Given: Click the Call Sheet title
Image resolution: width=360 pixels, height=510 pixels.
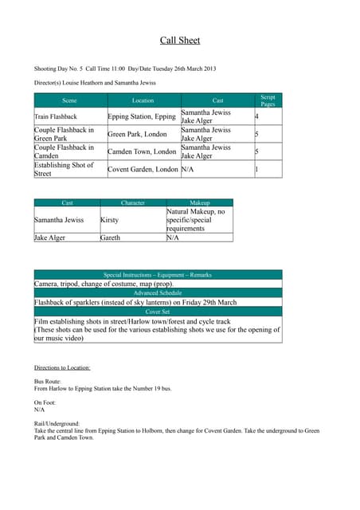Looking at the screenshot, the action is coord(179,40).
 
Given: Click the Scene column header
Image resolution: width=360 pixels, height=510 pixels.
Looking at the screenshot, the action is coord(70,101).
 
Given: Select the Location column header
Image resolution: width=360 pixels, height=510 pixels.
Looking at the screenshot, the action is coord(143,101).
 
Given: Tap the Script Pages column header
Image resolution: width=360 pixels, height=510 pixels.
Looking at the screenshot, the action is coord(268,100).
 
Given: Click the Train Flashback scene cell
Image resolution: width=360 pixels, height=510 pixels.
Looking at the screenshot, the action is coord(56,116).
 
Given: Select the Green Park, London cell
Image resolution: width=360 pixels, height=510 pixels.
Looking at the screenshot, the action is coord(137,135).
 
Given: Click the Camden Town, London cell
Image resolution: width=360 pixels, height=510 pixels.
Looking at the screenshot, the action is coord(142,151).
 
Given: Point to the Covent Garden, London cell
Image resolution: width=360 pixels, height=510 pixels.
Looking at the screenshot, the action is coord(143,170).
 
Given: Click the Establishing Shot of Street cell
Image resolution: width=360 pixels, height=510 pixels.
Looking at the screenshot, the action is coord(64,169).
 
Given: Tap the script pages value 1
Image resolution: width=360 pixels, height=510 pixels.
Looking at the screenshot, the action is coord(256,170).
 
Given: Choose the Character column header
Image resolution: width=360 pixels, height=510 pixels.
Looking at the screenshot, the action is coord(132,203).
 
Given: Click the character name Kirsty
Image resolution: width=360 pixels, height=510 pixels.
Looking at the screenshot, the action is coord(111,219).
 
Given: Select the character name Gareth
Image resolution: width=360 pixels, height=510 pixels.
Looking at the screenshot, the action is coord(111,237).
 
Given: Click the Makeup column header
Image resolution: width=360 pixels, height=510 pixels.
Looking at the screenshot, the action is coord(199,203).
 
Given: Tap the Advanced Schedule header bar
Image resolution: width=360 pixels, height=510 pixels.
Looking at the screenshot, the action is coord(158,293).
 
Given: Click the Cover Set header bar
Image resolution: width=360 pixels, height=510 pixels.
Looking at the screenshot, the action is coord(158,312).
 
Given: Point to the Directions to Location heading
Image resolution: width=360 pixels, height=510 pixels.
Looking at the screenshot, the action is coord(62,367).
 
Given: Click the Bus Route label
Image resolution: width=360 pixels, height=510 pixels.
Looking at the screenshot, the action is coord(49,382).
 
